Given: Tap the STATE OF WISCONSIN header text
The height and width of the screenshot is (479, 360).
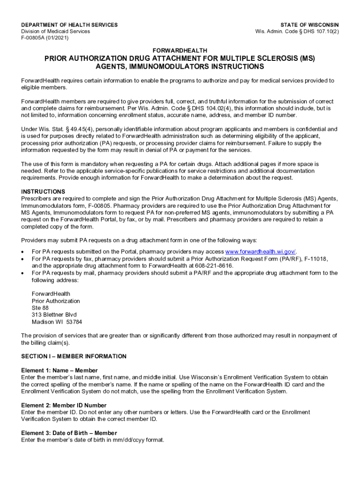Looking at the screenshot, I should point(310,25).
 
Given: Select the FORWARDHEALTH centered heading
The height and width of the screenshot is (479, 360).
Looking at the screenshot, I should point(180,50).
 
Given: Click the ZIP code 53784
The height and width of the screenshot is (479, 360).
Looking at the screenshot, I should point(74,322).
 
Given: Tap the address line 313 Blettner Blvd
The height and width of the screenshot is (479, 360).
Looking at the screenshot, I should point(54,315).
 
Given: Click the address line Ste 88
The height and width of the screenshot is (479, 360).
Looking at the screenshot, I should point(40,308).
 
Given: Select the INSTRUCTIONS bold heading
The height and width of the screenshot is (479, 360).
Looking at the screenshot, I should point(43,192).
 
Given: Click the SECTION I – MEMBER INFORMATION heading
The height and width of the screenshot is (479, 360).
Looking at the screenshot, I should point(74,356).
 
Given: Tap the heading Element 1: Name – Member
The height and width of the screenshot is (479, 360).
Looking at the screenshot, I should point(60,370).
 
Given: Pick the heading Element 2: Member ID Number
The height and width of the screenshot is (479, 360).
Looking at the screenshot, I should point(64,405).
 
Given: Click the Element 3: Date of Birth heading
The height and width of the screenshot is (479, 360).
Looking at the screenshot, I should point(69,433).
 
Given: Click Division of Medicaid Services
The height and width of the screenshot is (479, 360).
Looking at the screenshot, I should point(56,31).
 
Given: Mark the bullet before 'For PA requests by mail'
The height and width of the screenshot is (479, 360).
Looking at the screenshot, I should point(23,273).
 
